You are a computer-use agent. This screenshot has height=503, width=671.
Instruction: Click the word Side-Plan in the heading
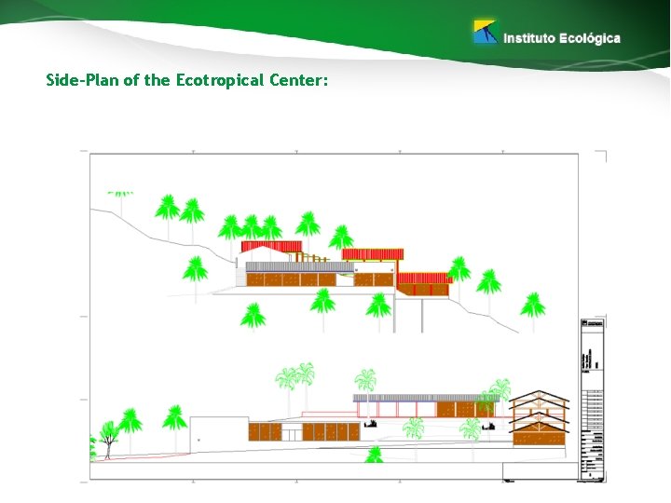point(82,80)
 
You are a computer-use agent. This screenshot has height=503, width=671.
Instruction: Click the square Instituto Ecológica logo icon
point(485,33)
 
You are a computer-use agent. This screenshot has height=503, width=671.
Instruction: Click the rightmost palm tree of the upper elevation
point(533,305)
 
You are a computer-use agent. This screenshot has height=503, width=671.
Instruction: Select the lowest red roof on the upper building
point(424,277)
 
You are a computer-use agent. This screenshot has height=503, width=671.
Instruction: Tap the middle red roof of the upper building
point(373,253)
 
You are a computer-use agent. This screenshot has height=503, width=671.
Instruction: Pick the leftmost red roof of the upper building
point(271,246)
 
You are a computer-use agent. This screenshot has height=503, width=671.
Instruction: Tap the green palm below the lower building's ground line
point(374,455)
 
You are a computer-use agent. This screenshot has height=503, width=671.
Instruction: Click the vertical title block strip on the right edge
point(593,401)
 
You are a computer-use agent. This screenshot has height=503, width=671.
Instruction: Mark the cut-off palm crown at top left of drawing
point(120,195)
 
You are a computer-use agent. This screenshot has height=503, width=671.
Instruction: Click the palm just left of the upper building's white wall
point(195,271)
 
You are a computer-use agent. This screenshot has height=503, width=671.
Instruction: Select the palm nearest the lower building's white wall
point(174,418)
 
